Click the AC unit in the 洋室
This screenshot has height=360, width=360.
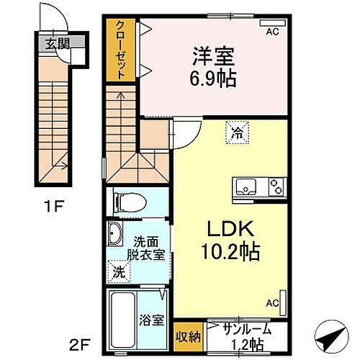point(272,24)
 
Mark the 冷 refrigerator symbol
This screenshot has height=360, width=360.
point(237,132)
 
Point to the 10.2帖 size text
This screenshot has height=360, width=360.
point(226,253)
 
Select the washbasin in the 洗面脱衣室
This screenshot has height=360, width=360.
point(115,234)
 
